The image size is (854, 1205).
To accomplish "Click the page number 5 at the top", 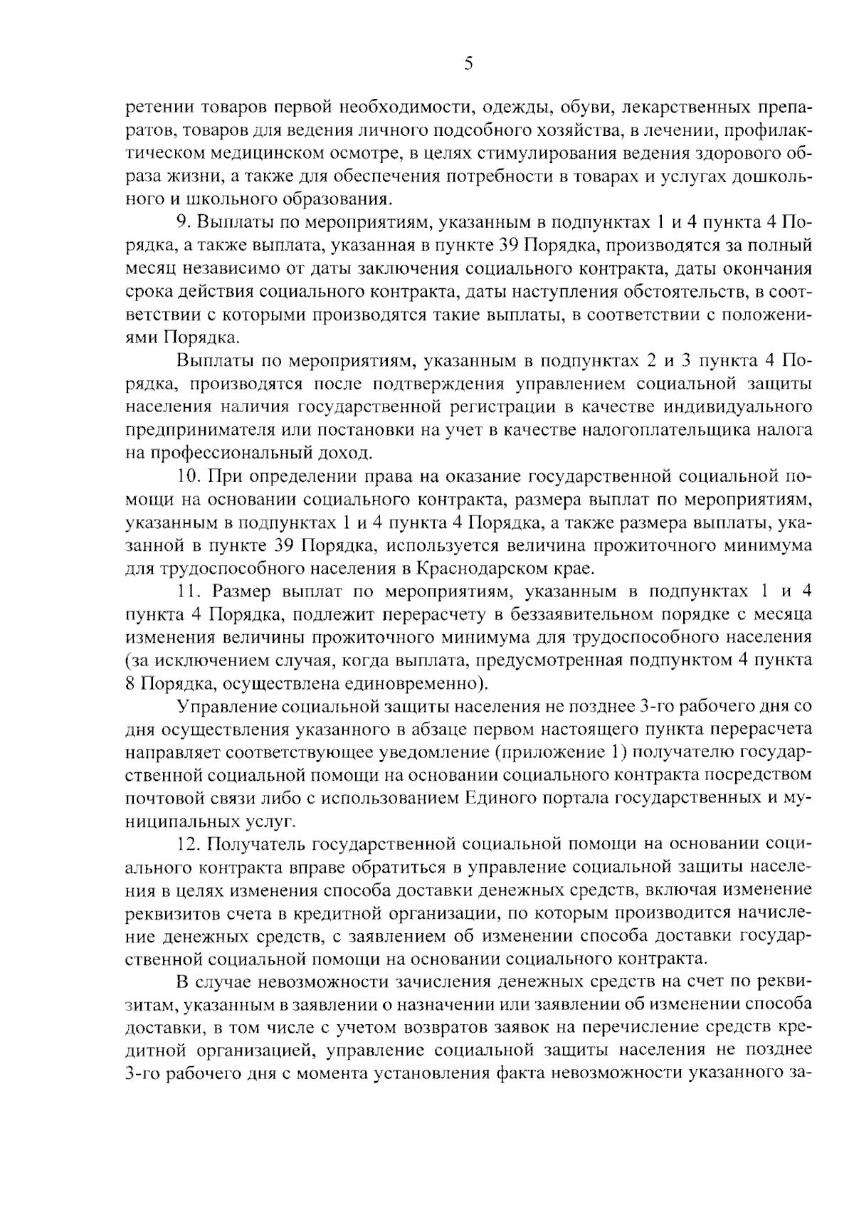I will [468, 64].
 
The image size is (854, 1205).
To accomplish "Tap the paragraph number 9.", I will [182, 222].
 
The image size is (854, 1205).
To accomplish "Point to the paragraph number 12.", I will [190, 844].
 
